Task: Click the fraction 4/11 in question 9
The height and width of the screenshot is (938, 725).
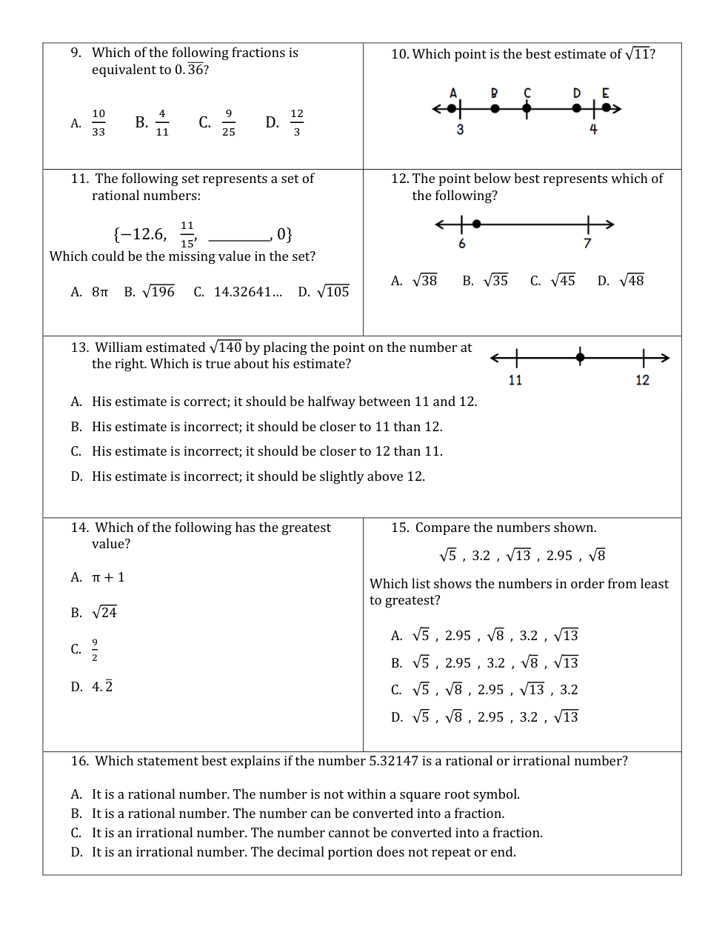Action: click(162, 123)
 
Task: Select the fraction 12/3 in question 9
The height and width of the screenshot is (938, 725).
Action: click(296, 123)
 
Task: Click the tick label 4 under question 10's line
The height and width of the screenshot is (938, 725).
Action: click(593, 129)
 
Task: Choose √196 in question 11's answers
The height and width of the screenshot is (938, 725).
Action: click(158, 292)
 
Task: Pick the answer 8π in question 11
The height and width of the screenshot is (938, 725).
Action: click(100, 292)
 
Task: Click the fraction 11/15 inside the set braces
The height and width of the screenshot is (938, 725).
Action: click(187, 234)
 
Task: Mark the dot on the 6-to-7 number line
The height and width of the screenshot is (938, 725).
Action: click(476, 224)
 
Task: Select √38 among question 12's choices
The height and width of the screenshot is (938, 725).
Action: click(424, 281)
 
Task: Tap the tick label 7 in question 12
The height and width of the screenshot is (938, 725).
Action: click(587, 244)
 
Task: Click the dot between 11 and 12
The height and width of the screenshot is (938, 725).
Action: click(580, 358)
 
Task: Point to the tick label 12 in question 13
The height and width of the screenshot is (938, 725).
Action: click(642, 380)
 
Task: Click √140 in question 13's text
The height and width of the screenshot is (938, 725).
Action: click(226, 347)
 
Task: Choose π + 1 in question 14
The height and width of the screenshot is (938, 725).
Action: click(108, 577)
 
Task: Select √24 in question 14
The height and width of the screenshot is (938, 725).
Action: click(104, 613)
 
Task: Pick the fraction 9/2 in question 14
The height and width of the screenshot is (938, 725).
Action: click(95, 650)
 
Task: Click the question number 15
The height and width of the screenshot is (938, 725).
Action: click(399, 528)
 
